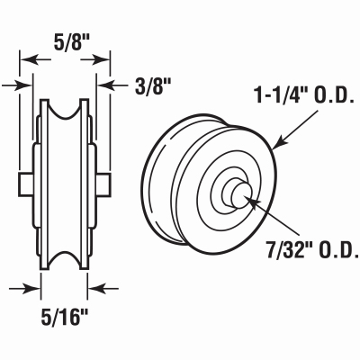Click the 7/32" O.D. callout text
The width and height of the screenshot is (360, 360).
pyautogui.click(x=313, y=250)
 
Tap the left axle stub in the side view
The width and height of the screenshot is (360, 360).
pyautogui.click(x=26, y=184)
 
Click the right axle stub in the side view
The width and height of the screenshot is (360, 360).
pyautogui.click(x=103, y=184)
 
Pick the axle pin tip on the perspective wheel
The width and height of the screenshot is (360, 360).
pyautogui.click(x=240, y=195)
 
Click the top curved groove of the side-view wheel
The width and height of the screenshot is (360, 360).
pyautogui.click(x=65, y=110)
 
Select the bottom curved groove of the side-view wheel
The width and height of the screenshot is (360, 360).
pyautogui.click(x=65, y=259)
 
